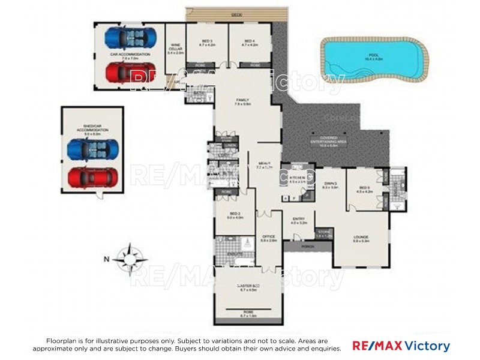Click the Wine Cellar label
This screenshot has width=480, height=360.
pos(176,49)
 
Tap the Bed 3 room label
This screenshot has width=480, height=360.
pos(207,43)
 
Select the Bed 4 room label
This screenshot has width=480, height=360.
pos(250,43)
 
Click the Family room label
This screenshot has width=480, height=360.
pos(243,102)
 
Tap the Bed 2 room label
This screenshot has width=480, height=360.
pos(235,215)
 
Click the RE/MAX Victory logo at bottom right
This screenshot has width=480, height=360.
pos(401,346)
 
